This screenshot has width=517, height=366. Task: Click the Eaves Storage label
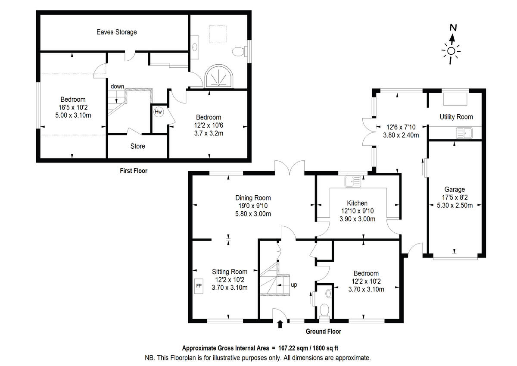[x=116, y=32]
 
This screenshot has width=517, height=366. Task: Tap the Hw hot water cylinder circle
[x=159, y=112]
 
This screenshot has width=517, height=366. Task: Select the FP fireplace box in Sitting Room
[x=199, y=285]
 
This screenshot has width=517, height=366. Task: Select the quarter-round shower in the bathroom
[x=219, y=76]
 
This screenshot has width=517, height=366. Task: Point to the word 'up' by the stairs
[x=294, y=285]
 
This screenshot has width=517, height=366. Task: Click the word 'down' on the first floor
[x=117, y=86]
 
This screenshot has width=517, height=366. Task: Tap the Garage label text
[x=455, y=189]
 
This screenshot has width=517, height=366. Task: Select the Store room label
[x=138, y=146]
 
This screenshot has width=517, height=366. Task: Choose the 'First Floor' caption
[x=134, y=171]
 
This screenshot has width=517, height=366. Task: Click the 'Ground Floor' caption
[x=323, y=332]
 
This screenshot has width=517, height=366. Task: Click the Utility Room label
[x=456, y=117]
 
